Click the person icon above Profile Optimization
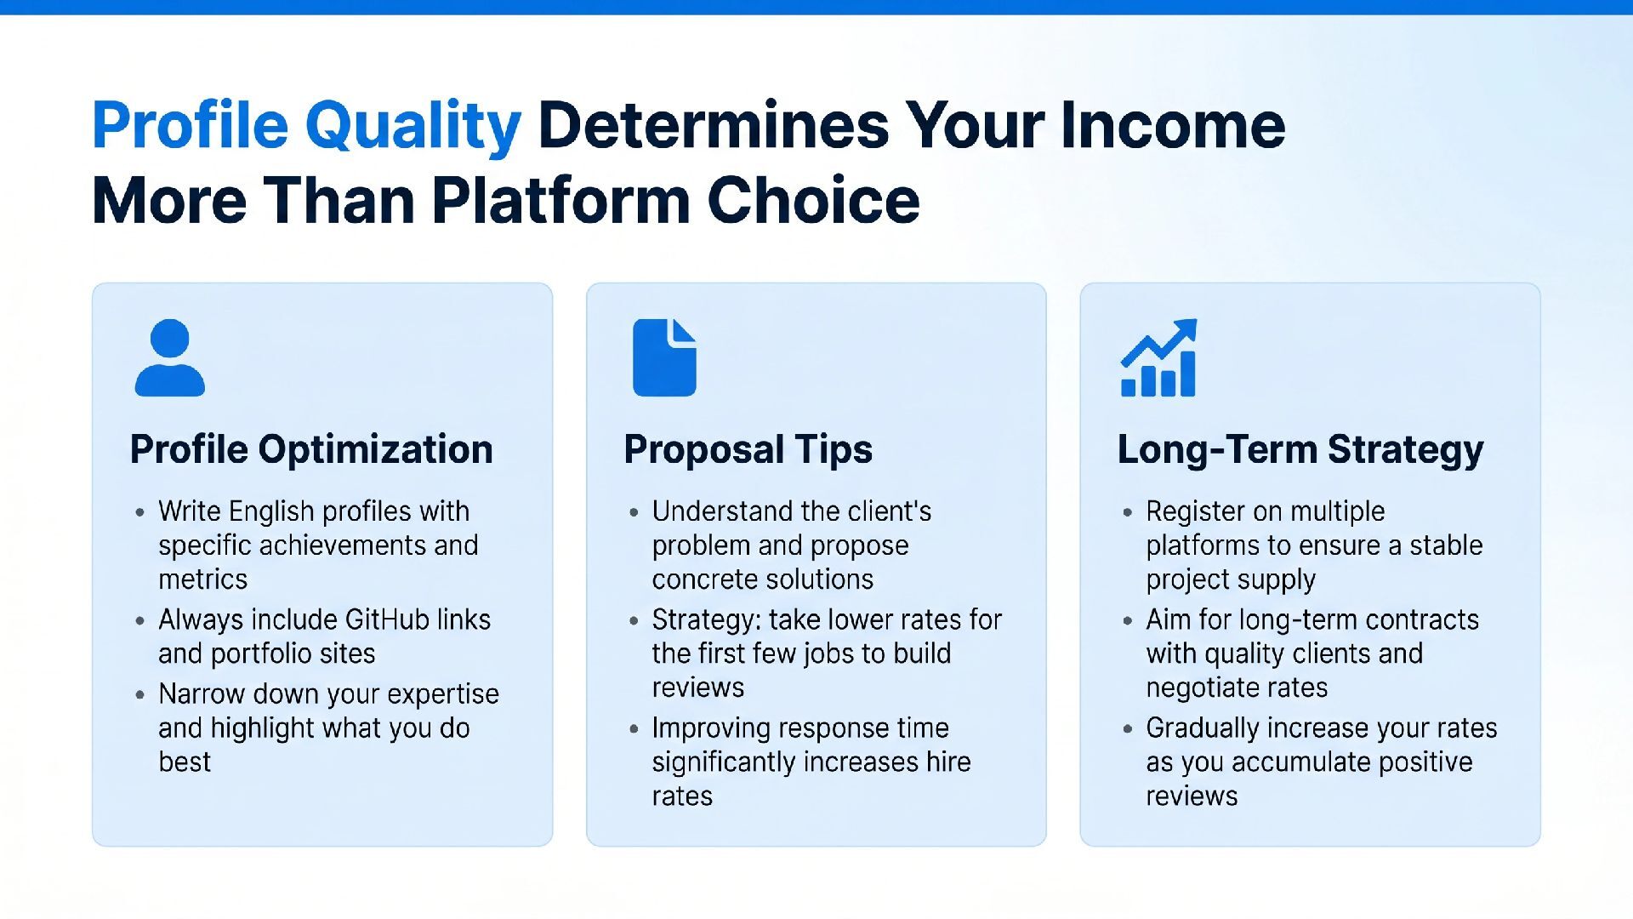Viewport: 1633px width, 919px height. [x=170, y=357]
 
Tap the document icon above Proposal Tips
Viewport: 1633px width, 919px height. [x=664, y=357]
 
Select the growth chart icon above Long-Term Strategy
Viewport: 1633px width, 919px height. [x=1158, y=357]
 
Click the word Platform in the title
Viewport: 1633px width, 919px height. [x=560, y=201]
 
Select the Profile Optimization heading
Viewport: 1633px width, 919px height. [x=311, y=449]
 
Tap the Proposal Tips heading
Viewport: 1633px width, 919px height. [x=748, y=449]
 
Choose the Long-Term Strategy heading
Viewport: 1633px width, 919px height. [x=1300, y=449]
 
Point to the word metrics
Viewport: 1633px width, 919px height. [x=202, y=579]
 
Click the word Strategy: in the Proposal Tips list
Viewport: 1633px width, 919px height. [x=707, y=619]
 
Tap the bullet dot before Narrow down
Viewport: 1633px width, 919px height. [x=140, y=695]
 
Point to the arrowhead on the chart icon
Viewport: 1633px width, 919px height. [x=1186, y=329]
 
